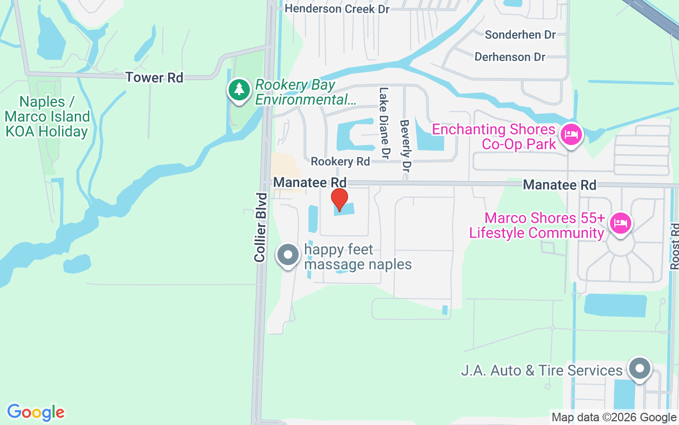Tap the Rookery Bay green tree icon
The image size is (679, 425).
(x=239, y=89)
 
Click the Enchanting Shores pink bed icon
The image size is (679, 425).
(x=571, y=134)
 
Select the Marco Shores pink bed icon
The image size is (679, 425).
(x=620, y=223)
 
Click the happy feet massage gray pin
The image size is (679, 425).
(x=288, y=255)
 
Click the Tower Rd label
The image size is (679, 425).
(x=154, y=78)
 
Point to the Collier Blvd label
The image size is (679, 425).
(x=260, y=227)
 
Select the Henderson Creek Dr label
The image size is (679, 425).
(x=337, y=9)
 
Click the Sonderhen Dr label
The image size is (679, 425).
(x=520, y=35)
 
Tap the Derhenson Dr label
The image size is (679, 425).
(x=510, y=57)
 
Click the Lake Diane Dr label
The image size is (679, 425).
(x=384, y=123)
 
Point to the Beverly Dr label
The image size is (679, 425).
(x=406, y=145)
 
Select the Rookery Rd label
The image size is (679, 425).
(x=340, y=161)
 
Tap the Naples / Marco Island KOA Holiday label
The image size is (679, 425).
(x=47, y=117)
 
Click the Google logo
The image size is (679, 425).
(x=36, y=412)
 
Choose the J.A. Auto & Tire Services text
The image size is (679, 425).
(x=541, y=370)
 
